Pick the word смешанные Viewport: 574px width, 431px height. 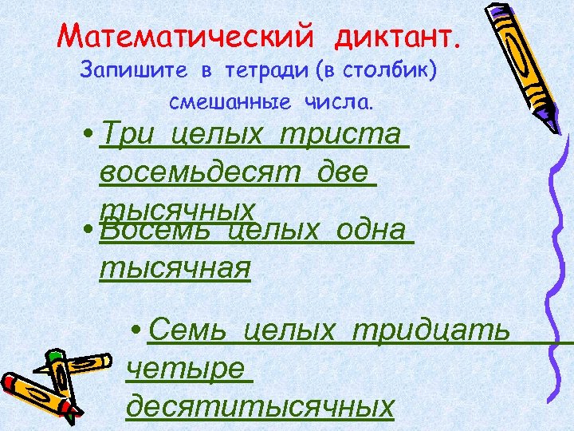point(231,103)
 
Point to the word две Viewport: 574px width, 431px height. point(343,171)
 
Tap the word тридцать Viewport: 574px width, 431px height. point(431,329)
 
